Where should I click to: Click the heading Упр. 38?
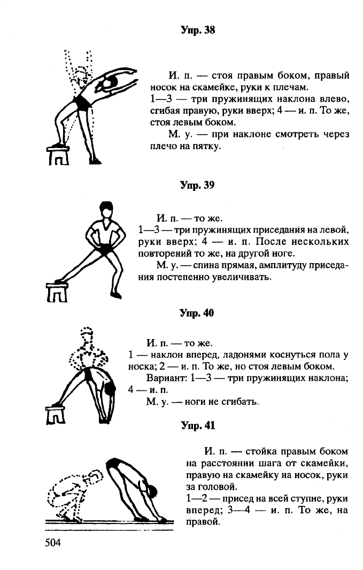coord(198,30)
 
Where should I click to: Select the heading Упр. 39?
coord(197,185)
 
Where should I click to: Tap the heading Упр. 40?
coord(197,313)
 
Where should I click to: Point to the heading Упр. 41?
coord(198,425)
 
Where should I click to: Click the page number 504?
coord(53,543)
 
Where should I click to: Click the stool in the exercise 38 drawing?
coord(58,155)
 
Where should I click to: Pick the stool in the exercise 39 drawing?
coord(57,292)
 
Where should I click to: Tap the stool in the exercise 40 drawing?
coord(56,415)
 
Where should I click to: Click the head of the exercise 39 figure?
coord(106,210)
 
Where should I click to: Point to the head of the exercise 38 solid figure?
coord(109,83)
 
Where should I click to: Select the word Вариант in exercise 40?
coord(166,378)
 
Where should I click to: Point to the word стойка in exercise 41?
coord(261,451)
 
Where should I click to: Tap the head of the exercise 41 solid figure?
coord(151,491)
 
